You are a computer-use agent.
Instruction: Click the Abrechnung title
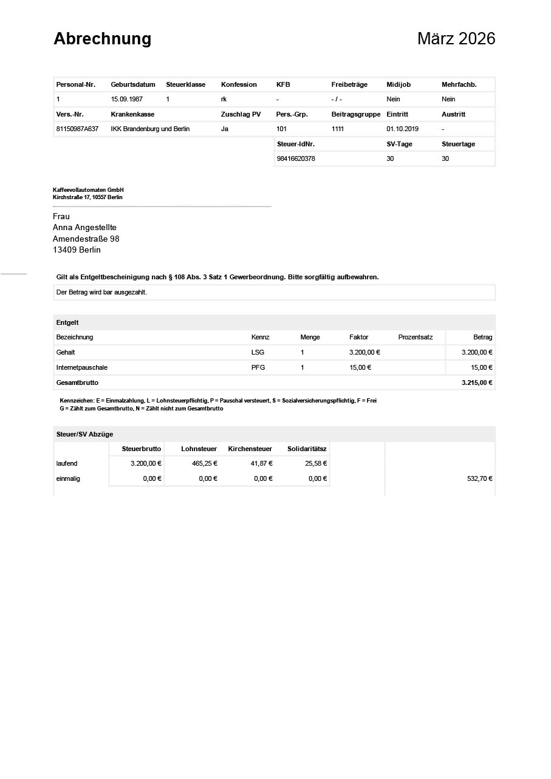[x=102, y=39]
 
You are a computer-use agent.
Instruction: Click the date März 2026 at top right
[x=456, y=39]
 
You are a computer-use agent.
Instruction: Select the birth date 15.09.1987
[x=126, y=99]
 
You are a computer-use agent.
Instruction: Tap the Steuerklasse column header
[x=185, y=84]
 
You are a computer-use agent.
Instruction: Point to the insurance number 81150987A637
[x=77, y=129]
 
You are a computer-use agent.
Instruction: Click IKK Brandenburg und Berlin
[x=150, y=129]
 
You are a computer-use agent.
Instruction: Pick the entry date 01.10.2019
[x=402, y=129]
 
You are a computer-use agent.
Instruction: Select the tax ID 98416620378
[x=295, y=158]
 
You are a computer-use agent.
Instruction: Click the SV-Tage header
[x=400, y=144]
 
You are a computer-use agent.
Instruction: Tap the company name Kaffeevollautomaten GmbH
[x=88, y=190]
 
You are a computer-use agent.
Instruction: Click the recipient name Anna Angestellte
[x=84, y=228]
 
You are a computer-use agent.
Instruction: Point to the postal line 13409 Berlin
[x=77, y=250]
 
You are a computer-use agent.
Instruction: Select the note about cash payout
[x=101, y=292]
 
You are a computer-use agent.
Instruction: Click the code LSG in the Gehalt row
[x=258, y=352]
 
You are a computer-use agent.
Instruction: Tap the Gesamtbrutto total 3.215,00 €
[x=477, y=383]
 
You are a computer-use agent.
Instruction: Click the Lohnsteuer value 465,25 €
[x=205, y=463]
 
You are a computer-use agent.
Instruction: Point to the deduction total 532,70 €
[x=479, y=478]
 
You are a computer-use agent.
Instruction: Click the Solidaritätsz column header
[x=307, y=449]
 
